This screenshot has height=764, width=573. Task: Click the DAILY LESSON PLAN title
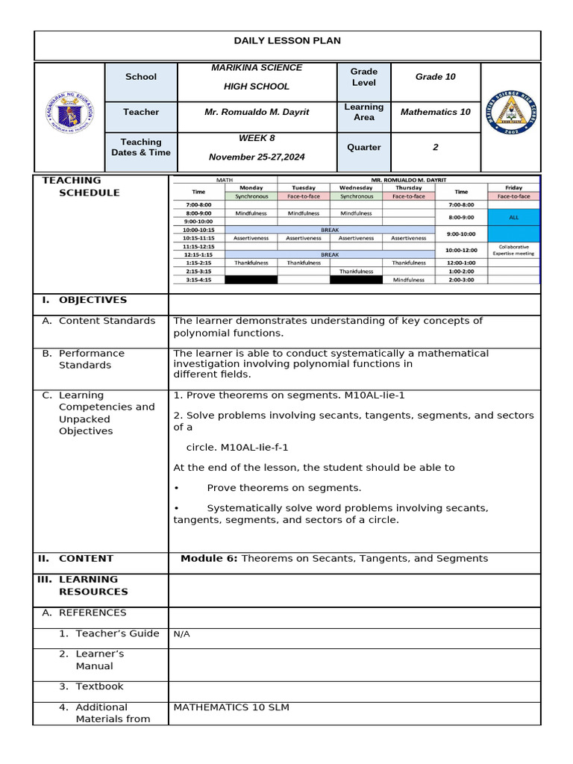point(287,41)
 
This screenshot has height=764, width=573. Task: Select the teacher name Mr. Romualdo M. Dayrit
point(257,112)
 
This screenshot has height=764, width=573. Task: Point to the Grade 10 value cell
point(435,77)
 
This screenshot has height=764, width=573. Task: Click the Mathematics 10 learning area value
point(435,112)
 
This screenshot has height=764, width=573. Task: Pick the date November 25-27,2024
point(257,157)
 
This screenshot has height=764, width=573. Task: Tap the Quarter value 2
point(435,147)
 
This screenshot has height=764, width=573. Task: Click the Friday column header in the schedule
point(513,187)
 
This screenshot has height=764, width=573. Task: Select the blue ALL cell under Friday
point(513,217)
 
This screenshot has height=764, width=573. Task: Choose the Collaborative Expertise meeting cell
point(513,250)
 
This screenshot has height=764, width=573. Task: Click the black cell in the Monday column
point(251,280)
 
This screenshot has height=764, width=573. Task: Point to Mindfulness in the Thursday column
point(408,280)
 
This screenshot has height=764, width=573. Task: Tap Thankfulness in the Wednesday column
point(356,272)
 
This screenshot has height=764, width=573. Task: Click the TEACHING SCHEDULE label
point(82,187)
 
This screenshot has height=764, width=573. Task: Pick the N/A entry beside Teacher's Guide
point(182,634)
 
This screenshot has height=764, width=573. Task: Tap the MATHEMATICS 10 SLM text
point(231,707)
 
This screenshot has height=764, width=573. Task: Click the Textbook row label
point(99,686)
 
